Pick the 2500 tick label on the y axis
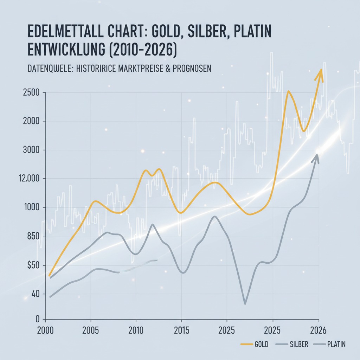(x=31, y=93)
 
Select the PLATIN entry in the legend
(x=336, y=345)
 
